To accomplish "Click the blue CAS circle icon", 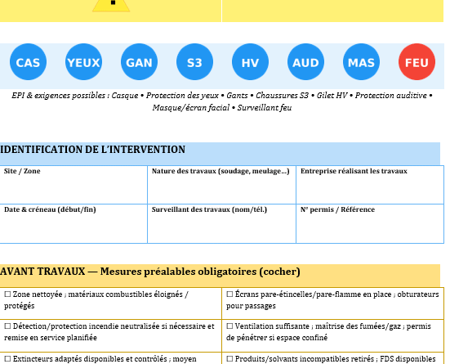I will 28,62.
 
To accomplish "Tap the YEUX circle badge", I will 83,62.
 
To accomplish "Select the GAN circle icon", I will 139,62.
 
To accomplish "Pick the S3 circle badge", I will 194,62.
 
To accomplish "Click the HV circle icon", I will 250,62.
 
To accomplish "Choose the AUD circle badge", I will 305,62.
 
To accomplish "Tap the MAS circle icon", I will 361,62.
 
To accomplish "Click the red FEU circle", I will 417,62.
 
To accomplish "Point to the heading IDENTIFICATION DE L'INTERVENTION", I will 92,150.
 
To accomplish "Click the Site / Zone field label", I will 22,171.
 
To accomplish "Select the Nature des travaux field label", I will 220,171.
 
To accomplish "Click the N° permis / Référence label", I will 337,209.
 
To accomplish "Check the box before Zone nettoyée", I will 7,294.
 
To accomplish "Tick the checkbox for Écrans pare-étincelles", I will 229,294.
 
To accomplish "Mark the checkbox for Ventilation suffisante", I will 229,326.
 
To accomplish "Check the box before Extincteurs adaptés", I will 7,358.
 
